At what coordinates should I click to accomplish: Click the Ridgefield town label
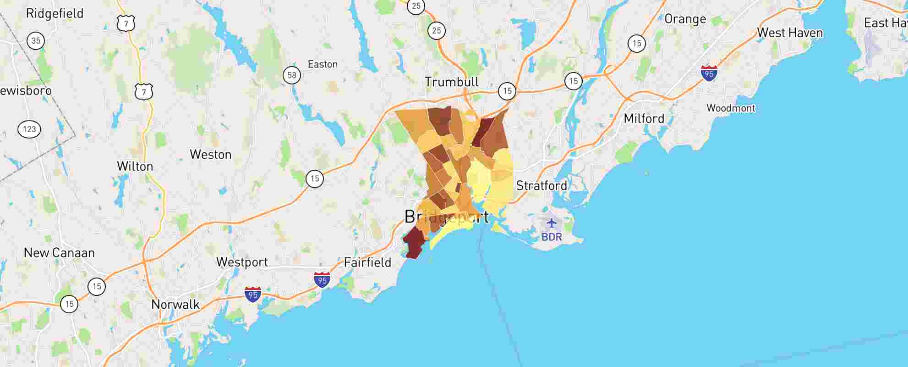point(55,13)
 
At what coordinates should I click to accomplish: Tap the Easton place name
point(323,64)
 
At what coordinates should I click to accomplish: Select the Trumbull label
point(451,82)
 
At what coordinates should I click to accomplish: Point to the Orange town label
point(685,19)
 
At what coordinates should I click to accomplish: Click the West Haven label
point(790,33)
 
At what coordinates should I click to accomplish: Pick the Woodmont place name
point(731,108)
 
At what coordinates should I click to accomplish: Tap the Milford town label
point(644,118)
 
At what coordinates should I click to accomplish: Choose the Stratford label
point(542,186)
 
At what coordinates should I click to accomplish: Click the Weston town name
point(210,155)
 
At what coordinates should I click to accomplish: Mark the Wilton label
point(135,166)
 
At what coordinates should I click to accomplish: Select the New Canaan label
point(59,253)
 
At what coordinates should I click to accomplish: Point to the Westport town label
point(242,262)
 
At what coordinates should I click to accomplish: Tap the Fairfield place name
point(367,263)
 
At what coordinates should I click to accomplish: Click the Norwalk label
point(175,305)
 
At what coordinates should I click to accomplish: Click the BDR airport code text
point(552,237)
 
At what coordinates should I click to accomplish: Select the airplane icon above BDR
point(552,224)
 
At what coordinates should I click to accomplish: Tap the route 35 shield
point(36,40)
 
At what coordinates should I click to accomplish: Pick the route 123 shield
point(29,129)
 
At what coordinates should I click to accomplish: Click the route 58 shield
point(292,75)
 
